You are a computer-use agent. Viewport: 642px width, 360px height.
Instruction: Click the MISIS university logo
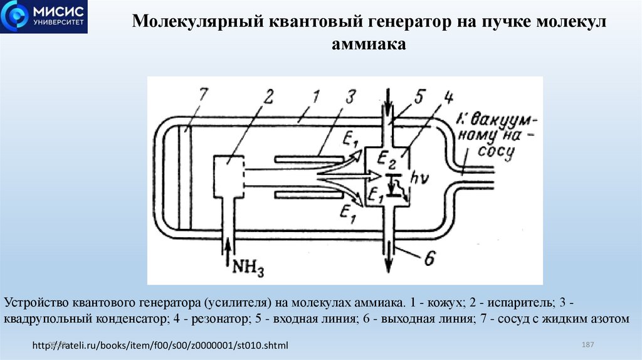tap(44, 17)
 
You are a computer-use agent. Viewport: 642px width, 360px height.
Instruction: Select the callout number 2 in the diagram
tap(268, 97)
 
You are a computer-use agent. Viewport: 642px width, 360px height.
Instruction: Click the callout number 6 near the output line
tap(429, 258)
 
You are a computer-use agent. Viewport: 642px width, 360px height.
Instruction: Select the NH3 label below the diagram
tap(250, 268)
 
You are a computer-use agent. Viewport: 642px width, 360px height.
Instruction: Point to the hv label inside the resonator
tap(419, 178)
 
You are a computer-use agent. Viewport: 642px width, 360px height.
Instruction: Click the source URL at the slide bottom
tap(160, 346)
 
